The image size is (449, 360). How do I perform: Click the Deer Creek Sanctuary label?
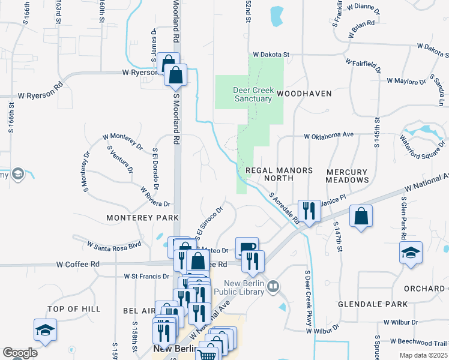(x=253, y=94)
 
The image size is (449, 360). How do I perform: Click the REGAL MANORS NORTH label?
(x=279, y=175)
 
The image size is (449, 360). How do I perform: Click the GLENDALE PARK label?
(x=364, y=304)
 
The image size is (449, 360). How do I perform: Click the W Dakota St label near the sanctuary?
(x=271, y=54)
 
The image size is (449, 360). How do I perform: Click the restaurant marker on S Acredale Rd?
(x=309, y=211)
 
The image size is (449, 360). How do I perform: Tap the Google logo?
(x=20, y=353)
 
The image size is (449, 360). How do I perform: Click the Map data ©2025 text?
(x=423, y=355)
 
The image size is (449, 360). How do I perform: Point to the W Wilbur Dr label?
(x=322, y=329)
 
